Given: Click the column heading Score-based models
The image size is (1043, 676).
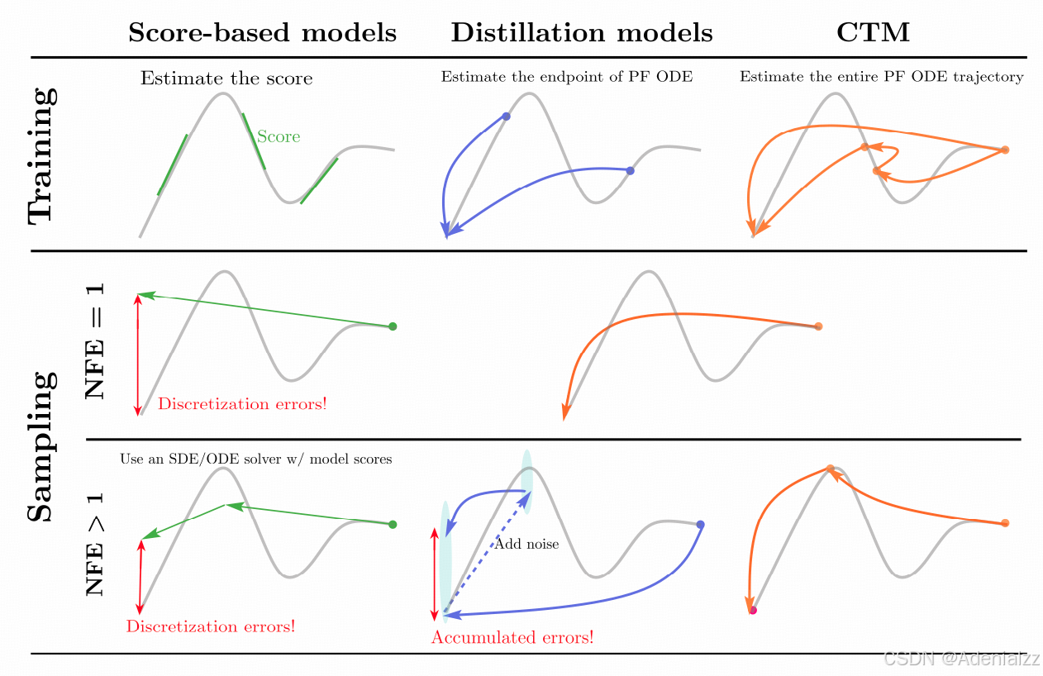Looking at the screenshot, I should [262, 32].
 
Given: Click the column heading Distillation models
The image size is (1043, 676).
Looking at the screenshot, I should [581, 32].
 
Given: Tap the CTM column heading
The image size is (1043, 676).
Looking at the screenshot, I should [873, 32].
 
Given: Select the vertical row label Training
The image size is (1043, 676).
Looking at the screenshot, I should [41, 154].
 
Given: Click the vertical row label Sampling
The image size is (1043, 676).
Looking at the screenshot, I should [41, 446].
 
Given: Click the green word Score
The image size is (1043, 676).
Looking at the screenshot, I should [279, 136].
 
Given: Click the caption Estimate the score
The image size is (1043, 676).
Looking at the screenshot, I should [226, 79].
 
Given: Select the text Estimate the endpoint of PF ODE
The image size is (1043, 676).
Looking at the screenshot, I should [566, 77].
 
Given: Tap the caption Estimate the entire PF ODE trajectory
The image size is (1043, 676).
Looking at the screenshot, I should [881, 77].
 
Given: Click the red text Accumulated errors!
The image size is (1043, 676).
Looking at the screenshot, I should [512, 637].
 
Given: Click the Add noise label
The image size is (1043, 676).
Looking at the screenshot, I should [526, 544].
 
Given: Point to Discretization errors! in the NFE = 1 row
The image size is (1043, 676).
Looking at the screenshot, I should [242, 404].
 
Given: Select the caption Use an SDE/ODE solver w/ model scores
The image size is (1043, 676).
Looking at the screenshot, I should [255, 459].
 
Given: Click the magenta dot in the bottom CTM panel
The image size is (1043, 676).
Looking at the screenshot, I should [753, 611].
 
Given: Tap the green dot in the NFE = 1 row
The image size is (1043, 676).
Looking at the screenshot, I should [393, 326].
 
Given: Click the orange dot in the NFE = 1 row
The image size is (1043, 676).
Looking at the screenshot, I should [818, 326].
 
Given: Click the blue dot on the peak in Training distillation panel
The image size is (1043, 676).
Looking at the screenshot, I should [507, 117].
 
